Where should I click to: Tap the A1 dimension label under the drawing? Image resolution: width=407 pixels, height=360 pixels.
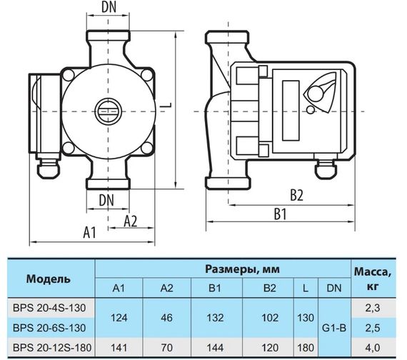coord(89,231)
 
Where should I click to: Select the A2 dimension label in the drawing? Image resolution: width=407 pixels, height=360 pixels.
coord(131,220)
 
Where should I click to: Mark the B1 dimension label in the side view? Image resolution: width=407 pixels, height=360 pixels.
coord(279,214)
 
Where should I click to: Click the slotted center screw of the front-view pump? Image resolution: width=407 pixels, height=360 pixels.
coord(106,112)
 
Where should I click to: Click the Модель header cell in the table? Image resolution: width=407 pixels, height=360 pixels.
coord(49,277)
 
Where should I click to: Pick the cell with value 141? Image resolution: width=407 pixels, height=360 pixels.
coord(120,348)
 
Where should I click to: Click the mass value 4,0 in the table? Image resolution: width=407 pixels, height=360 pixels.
coord(372,348)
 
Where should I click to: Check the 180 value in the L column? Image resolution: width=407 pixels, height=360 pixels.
coord(305,348)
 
